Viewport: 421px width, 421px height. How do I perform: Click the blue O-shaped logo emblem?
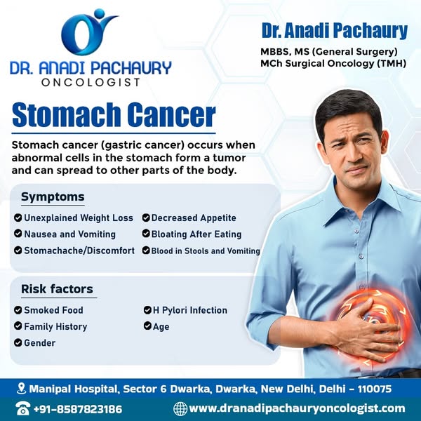click(81, 34)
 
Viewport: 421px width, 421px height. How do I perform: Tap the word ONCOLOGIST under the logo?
click(91, 82)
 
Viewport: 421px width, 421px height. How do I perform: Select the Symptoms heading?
click(53, 196)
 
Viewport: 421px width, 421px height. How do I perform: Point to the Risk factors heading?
click(58, 289)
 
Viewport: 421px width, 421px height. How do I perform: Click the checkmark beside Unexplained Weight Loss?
click(18, 218)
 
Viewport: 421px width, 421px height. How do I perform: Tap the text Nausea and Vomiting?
click(69, 234)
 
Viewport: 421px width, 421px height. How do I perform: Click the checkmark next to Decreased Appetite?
click(146, 218)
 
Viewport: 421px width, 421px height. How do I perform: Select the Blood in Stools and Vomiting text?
click(206, 250)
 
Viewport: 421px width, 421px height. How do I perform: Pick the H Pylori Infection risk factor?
click(190, 310)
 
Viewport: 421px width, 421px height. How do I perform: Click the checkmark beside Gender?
click(18, 343)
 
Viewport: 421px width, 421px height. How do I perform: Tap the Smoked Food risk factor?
click(53, 310)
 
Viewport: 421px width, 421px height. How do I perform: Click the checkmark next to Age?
click(147, 326)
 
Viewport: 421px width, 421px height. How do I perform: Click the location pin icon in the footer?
click(21, 389)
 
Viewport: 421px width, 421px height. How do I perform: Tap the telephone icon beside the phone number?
click(22, 408)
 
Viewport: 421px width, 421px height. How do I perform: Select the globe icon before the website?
click(180, 408)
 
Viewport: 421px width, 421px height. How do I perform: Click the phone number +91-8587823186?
click(78, 409)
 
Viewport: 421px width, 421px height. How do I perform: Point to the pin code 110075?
click(375, 389)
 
